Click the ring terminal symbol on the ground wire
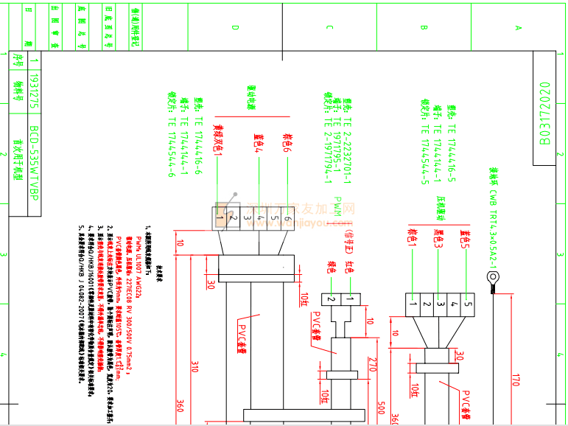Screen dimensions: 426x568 click(491, 278)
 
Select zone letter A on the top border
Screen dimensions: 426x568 click(518, 27)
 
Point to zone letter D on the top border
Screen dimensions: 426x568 click(235, 27)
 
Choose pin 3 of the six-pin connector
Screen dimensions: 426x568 click(246, 218)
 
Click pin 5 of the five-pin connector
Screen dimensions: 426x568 click(468, 303)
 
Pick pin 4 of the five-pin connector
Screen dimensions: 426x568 click(454, 303)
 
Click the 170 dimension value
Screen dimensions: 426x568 click(515, 380)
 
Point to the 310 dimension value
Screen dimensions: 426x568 click(194, 367)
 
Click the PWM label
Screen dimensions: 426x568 click(337, 207)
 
